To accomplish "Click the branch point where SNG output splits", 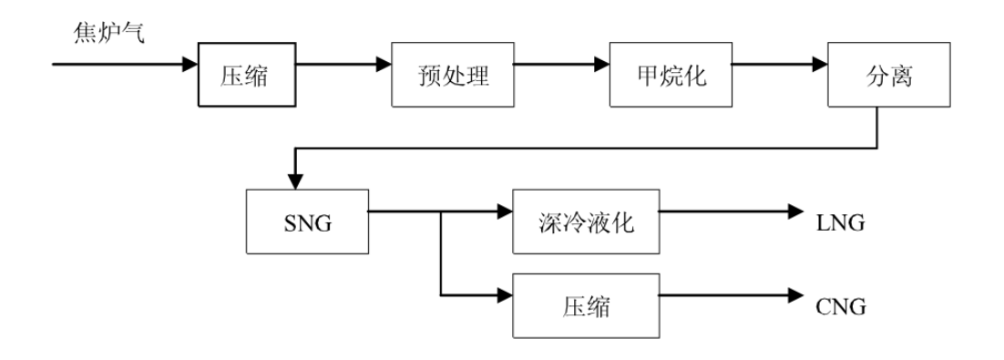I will point(441,211).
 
